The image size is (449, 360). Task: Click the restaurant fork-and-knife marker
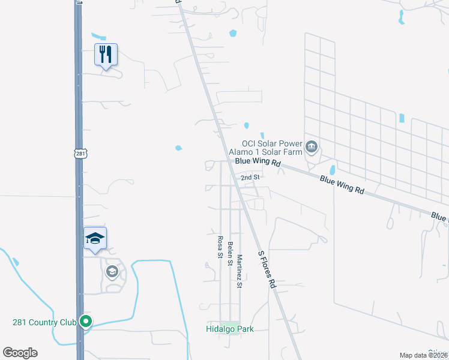(x=106, y=55)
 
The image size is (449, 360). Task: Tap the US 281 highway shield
(x=82, y=154)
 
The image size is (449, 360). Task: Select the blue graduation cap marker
(x=95, y=239)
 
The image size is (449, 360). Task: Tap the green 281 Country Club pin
(x=86, y=322)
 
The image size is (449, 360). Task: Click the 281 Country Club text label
(x=44, y=322)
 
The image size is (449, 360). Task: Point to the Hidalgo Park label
(x=230, y=329)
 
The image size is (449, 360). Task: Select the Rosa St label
(x=220, y=247)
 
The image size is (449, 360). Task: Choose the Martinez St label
(x=239, y=271)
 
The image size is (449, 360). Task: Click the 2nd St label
(x=250, y=178)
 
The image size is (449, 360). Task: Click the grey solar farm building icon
(x=312, y=147)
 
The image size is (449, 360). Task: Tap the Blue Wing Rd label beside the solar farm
(x=258, y=162)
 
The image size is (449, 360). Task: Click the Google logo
(x=20, y=353)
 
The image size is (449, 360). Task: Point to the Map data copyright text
(x=424, y=355)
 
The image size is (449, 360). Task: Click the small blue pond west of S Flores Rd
(x=178, y=148)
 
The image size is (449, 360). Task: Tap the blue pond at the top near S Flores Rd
(x=233, y=34)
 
